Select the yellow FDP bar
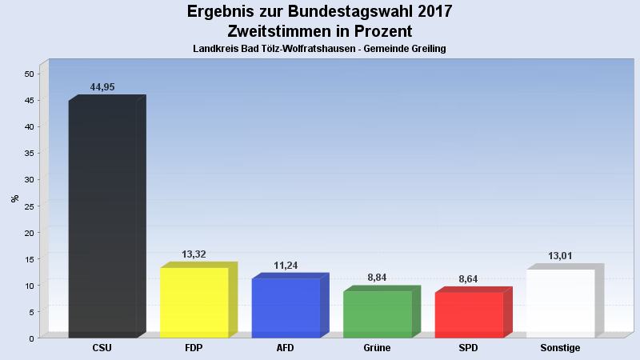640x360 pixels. point(194,302)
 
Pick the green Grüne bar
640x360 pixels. point(378,314)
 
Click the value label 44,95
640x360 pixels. point(102,87)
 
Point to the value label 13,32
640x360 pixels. point(194,254)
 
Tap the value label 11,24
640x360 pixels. point(286,266)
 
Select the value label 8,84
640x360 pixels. point(378,278)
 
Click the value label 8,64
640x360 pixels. point(470,279)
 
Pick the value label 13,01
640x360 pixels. point(560,256)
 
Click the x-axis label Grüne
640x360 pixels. point(378,348)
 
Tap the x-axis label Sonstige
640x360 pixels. point(560,348)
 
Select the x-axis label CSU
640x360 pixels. point(102,348)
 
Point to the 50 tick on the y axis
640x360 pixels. point(29,74)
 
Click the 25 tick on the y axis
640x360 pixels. point(29,206)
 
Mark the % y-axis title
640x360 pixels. point(14,198)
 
